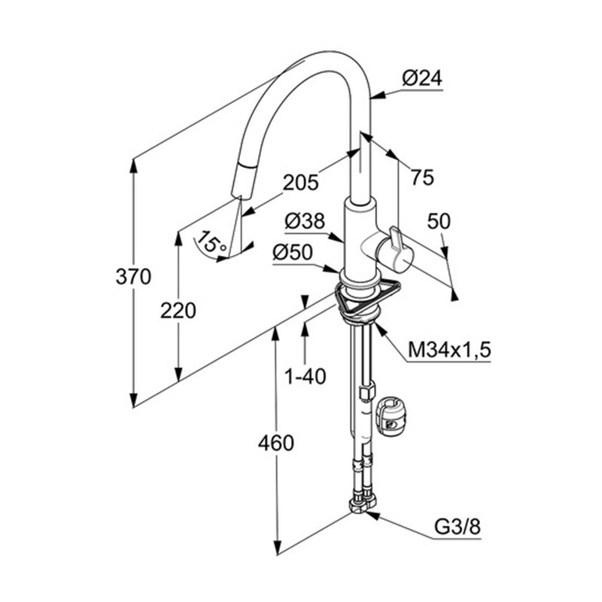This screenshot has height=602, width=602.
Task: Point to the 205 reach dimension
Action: (301, 181)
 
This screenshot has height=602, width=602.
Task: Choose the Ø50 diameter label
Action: (292, 254)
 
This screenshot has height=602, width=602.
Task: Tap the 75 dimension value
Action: (423, 178)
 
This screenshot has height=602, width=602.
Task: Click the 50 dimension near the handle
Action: (439, 221)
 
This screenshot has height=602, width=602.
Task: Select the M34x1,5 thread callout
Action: (449, 349)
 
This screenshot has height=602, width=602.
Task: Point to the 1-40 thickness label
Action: (306, 375)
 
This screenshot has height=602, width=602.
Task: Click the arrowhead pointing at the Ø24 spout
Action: (376, 95)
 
